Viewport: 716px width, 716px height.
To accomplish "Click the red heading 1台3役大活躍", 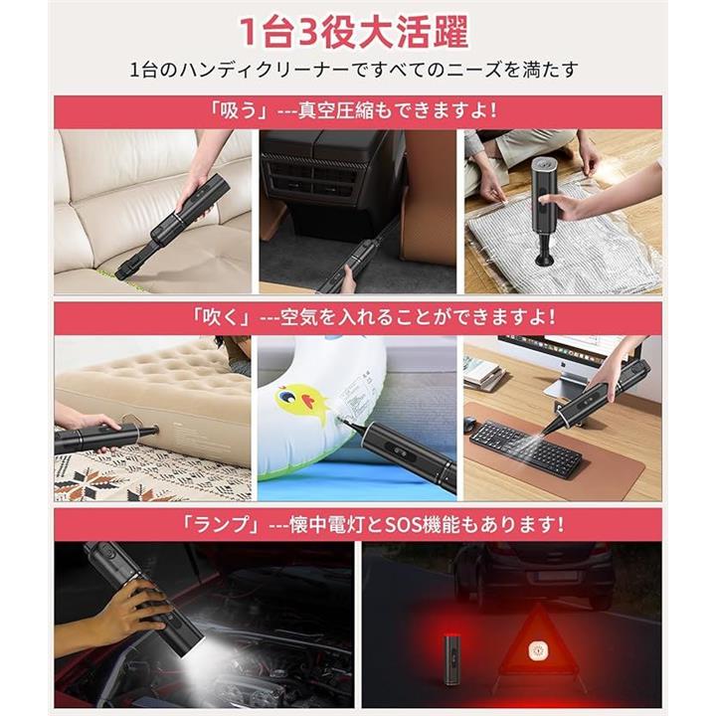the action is tap(354, 32).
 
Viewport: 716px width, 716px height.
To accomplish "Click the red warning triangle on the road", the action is tap(539, 648).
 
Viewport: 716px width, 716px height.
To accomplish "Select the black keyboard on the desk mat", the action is tap(525, 447).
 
